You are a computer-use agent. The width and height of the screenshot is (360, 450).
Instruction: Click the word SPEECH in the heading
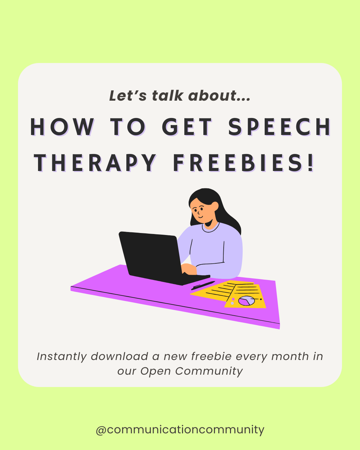279,127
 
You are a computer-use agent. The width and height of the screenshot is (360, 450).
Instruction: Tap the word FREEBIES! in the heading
244,163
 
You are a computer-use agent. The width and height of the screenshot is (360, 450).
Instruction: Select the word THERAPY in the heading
95,163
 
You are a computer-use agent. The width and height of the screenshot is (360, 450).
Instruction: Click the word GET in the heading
187,127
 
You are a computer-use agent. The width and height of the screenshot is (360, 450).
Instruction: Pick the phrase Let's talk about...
180,96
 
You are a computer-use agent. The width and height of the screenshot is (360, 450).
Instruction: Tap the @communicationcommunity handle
180,430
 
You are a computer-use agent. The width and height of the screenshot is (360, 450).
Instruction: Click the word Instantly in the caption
62,357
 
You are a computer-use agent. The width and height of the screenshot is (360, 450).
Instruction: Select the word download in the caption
119,356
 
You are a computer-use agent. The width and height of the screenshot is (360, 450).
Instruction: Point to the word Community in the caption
209,371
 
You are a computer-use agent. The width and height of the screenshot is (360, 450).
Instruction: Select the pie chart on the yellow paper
246,301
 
